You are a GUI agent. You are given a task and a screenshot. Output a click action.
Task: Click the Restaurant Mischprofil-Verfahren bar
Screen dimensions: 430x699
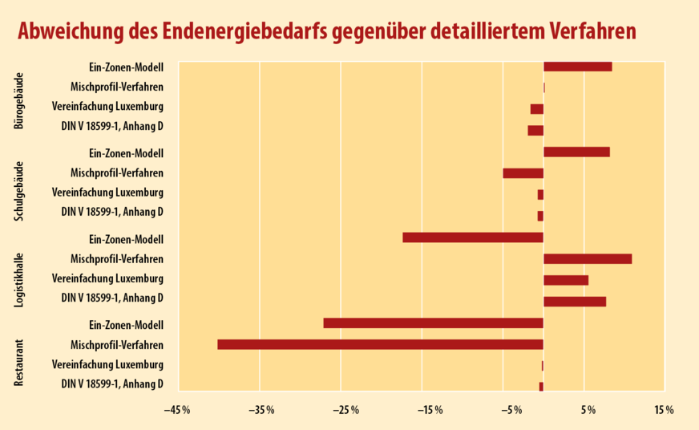pyautogui.click(x=380, y=344)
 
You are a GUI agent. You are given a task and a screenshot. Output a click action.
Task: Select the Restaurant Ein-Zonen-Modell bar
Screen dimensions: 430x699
pyautogui.click(x=433, y=323)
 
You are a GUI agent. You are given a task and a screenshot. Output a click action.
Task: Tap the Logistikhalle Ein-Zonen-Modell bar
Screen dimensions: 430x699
pyautogui.click(x=473, y=237)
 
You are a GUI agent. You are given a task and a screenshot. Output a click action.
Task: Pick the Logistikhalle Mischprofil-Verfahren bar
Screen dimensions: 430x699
pyautogui.click(x=588, y=258)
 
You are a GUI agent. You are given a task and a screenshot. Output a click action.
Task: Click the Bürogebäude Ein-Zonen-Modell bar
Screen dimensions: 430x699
pyautogui.click(x=577, y=67)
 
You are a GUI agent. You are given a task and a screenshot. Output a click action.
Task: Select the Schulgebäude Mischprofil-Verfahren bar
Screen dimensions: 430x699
pyautogui.click(x=523, y=173)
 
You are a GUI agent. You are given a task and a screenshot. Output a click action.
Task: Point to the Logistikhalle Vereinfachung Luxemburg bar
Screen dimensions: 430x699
pyautogui.click(x=566, y=280)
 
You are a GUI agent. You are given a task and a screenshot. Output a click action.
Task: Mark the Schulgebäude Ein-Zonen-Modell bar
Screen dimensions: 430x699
pyautogui.click(x=576, y=152)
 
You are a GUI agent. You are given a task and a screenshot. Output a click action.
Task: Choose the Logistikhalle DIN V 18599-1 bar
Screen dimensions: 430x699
pyautogui.click(x=575, y=302)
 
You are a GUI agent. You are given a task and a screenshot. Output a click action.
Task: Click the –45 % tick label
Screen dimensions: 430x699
pyautogui.click(x=177, y=411)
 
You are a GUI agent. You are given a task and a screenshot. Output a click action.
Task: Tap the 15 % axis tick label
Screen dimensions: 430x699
pyautogui.click(x=664, y=411)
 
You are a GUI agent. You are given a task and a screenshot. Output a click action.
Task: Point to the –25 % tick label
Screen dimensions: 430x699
pyautogui.click(x=340, y=411)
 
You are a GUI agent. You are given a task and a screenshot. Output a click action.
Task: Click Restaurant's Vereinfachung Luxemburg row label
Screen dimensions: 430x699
pyautogui.click(x=107, y=365)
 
